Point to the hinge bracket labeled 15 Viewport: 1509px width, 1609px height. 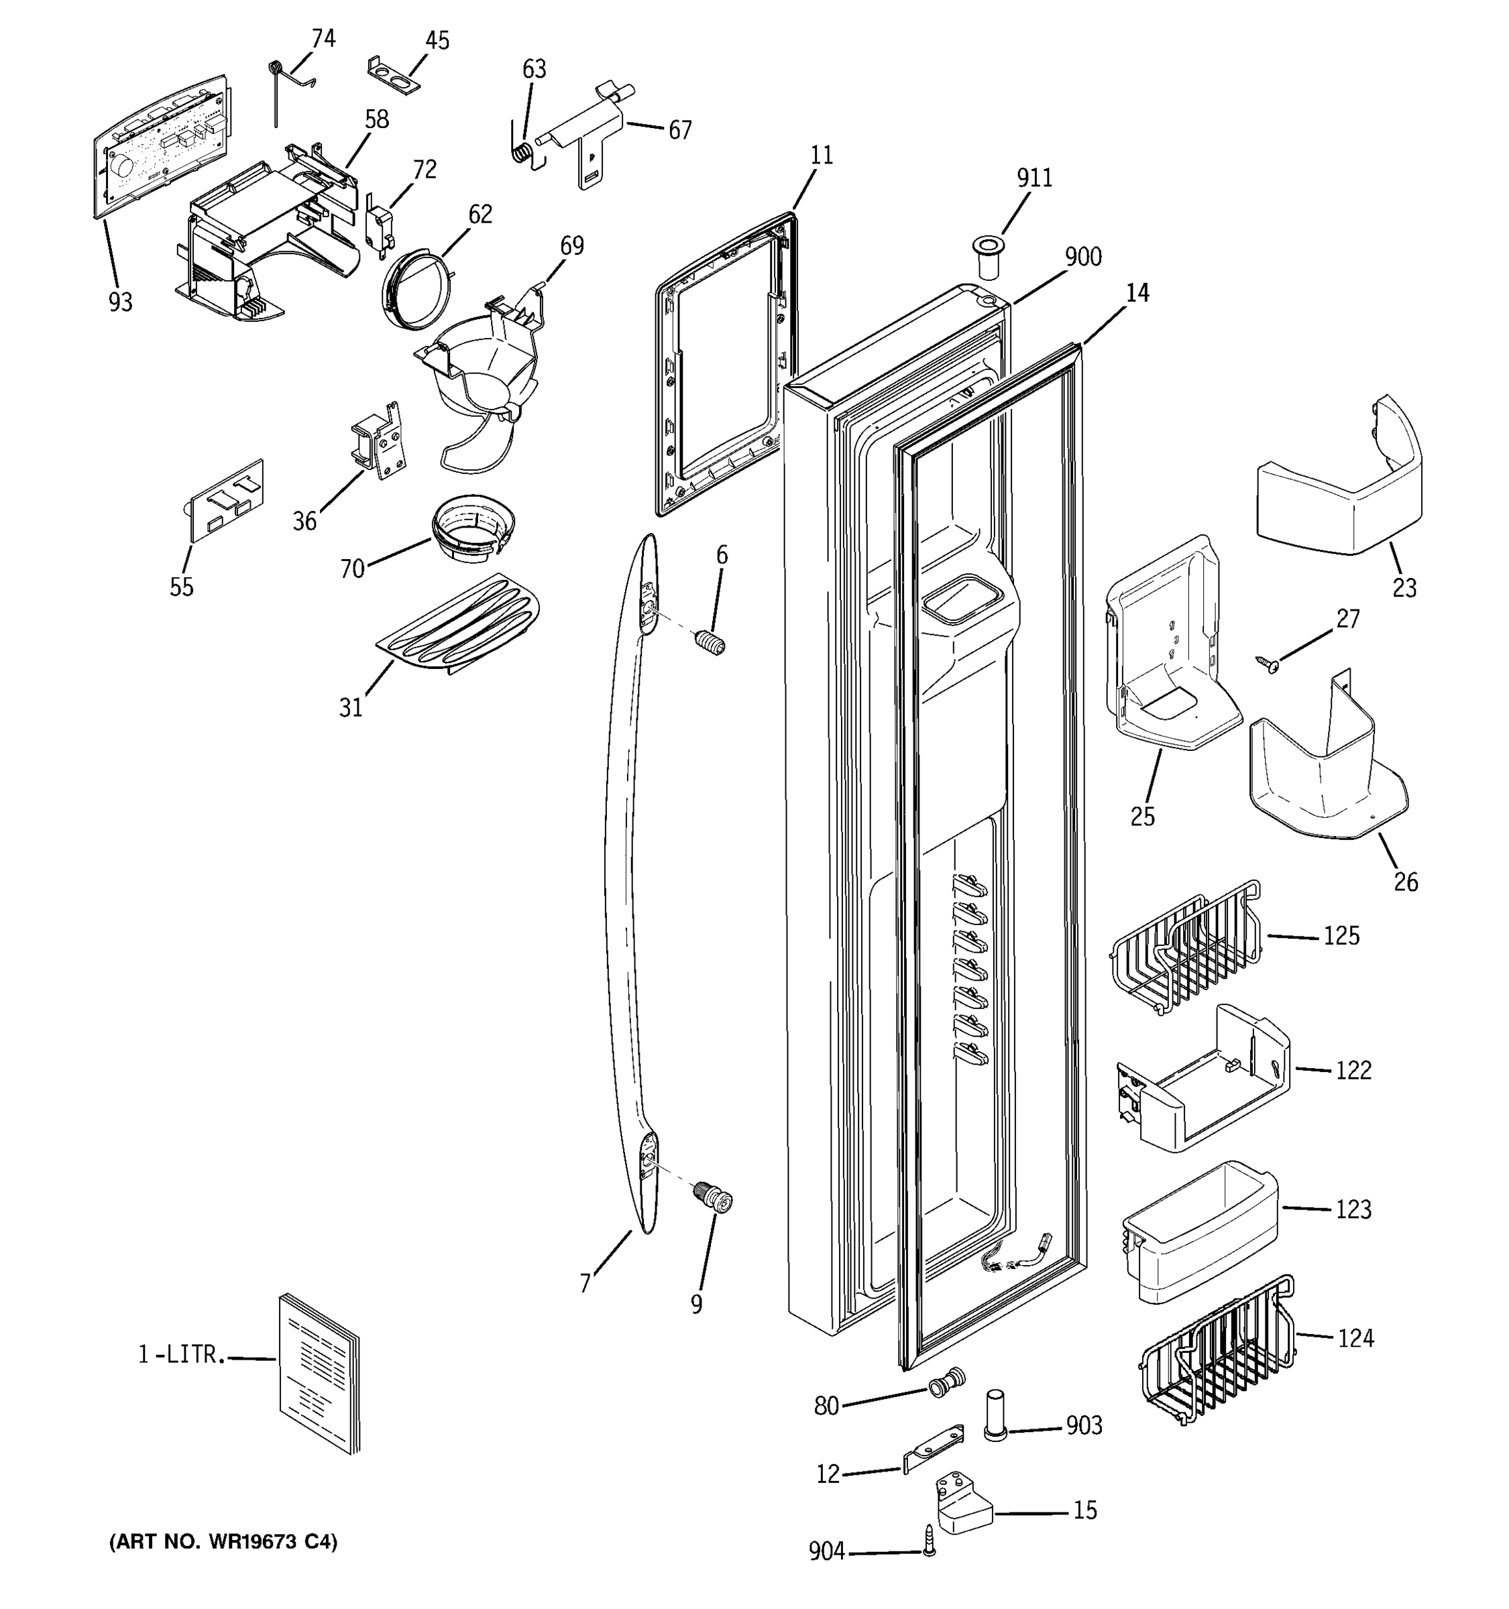pyautogui.click(x=962, y=1504)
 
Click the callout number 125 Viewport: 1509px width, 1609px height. pyautogui.click(x=1341, y=936)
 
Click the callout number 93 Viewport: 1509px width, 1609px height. pyautogui.click(x=120, y=303)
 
